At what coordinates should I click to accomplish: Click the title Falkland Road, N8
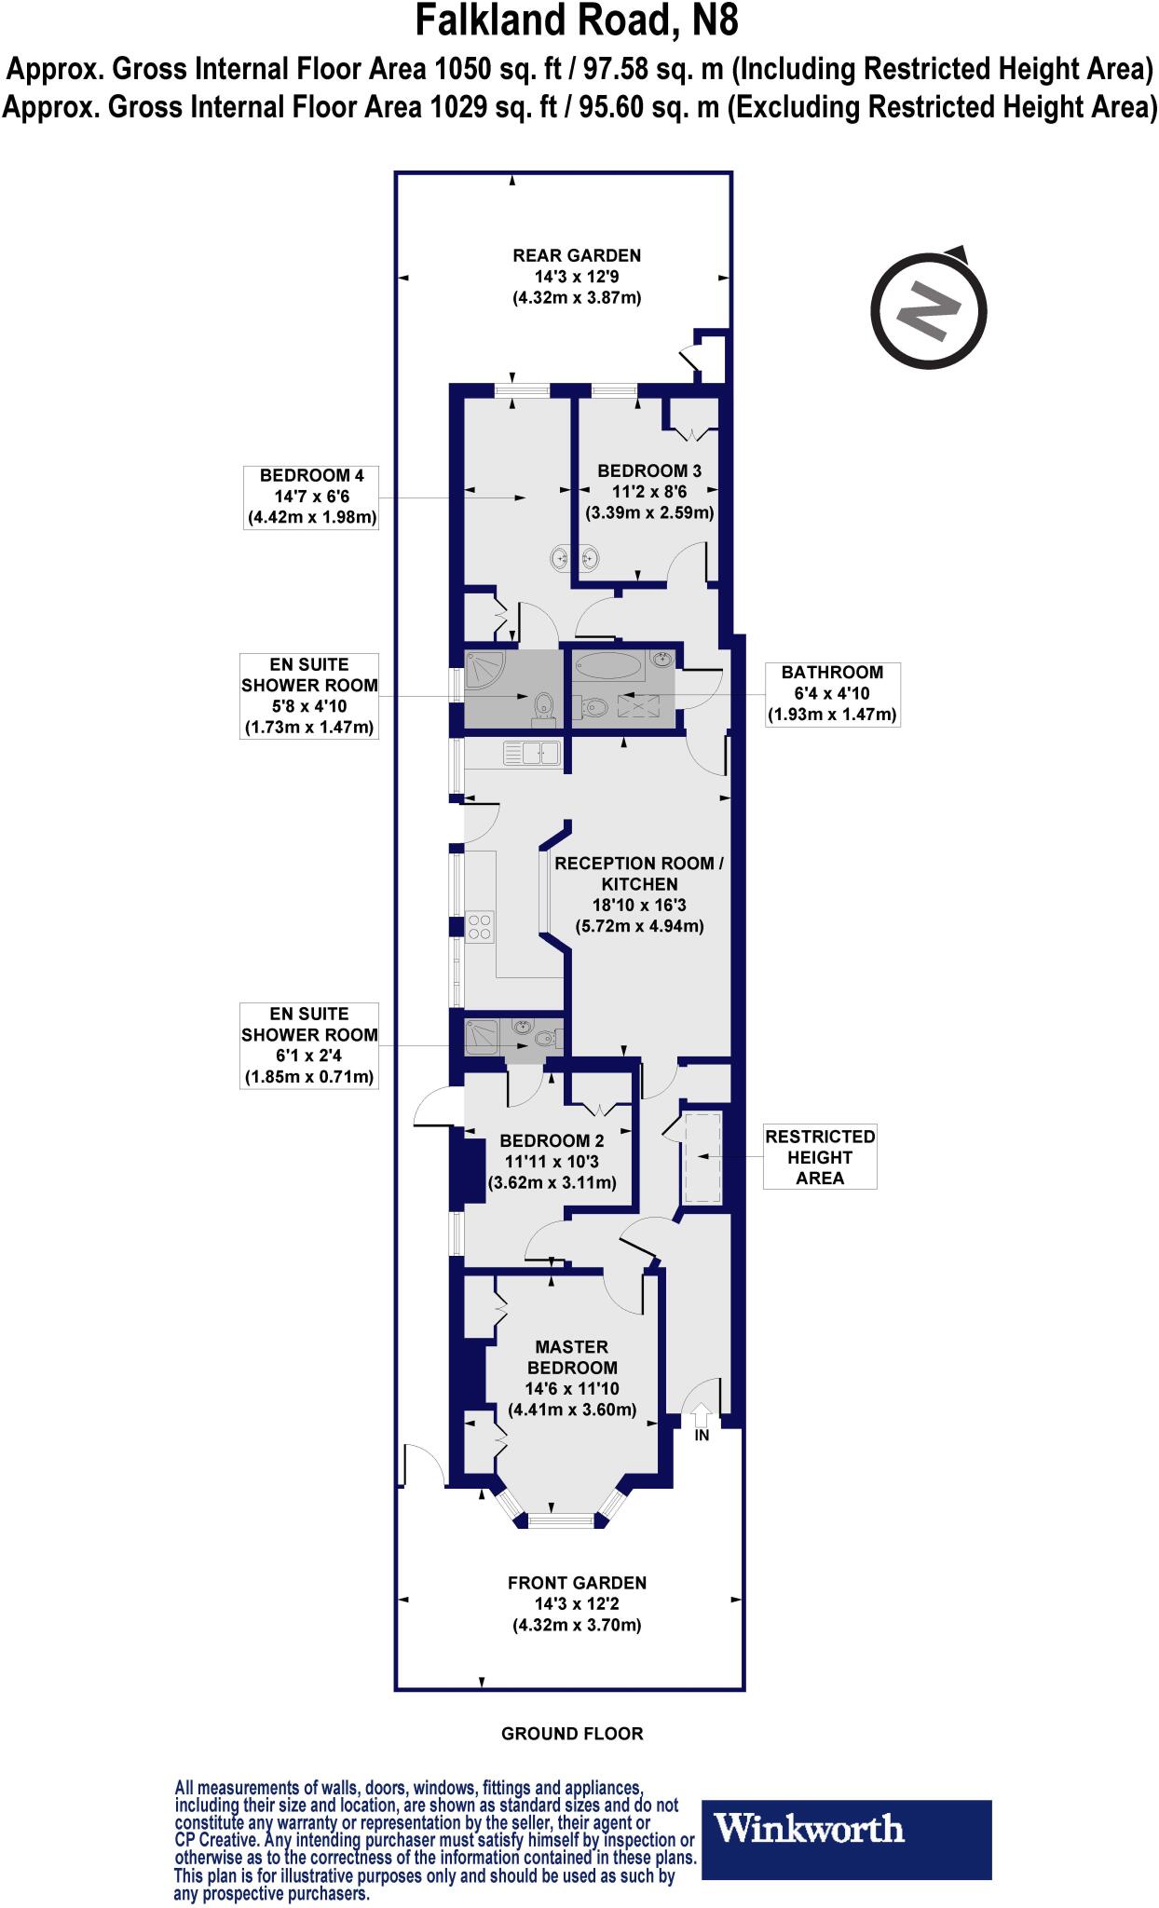(578, 21)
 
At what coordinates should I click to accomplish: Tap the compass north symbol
(928, 307)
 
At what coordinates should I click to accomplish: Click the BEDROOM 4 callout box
(310, 497)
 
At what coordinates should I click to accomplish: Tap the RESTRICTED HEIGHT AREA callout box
(820, 1157)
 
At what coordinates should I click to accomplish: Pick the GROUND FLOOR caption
(572, 1734)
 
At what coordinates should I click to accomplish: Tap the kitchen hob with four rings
(480, 926)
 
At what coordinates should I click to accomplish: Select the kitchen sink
(531, 754)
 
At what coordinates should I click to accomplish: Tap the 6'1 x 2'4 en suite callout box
(309, 1045)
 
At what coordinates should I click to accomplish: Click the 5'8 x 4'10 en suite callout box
(309, 696)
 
